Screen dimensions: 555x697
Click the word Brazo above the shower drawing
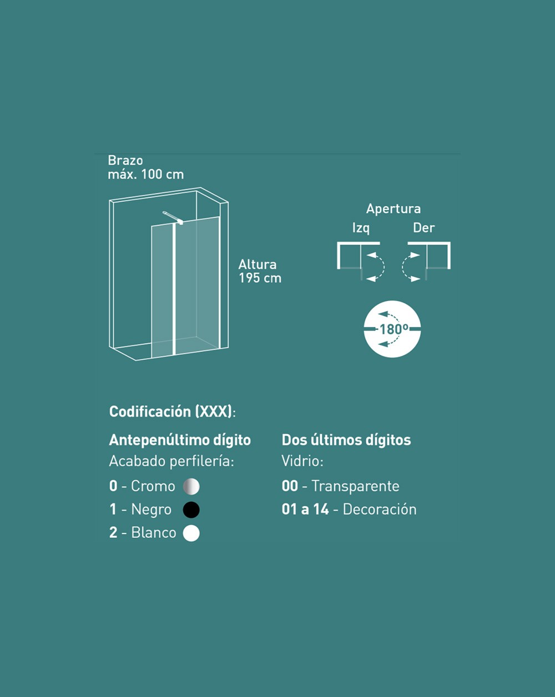(x=125, y=160)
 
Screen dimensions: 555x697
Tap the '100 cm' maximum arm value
(x=163, y=175)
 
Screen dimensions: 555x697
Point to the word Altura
(x=258, y=264)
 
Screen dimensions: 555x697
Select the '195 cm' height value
(x=260, y=278)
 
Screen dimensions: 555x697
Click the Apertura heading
(x=393, y=209)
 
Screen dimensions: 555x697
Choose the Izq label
(x=361, y=228)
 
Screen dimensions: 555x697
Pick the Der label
(x=423, y=228)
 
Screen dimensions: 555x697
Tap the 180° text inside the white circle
(x=393, y=329)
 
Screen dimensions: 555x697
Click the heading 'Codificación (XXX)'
(x=170, y=411)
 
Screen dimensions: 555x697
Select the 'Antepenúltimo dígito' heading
(x=180, y=440)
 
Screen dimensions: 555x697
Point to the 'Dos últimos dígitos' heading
(x=346, y=440)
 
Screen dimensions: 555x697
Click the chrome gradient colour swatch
(x=191, y=486)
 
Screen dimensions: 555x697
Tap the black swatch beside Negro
(x=191, y=510)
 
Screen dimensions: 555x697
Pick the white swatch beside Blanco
(x=191, y=533)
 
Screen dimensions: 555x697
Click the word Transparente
(x=355, y=486)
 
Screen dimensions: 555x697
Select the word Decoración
(x=380, y=510)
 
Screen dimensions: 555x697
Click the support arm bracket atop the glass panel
(x=173, y=218)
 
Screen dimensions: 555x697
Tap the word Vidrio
(x=301, y=461)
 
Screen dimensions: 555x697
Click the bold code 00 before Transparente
(x=290, y=486)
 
